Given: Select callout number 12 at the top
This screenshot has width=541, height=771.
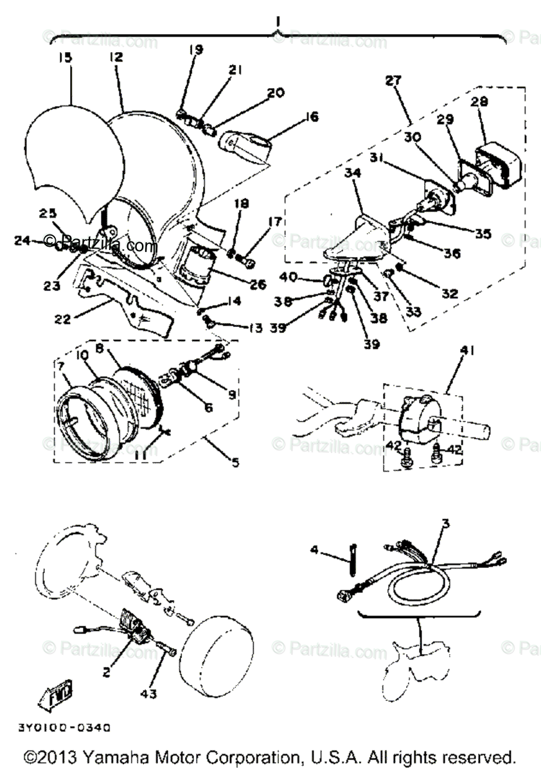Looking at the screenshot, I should pyautogui.click(x=116, y=57).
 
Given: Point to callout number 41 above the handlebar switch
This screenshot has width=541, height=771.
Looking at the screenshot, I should pyautogui.click(x=463, y=351).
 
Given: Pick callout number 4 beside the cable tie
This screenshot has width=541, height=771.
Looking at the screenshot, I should pyautogui.click(x=314, y=549).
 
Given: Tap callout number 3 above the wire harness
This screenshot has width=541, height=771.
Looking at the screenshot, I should pyautogui.click(x=445, y=524).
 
